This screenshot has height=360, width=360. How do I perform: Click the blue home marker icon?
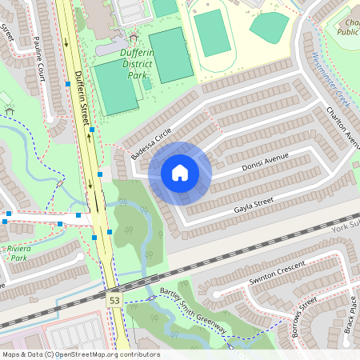pyautogui.click(x=180, y=172)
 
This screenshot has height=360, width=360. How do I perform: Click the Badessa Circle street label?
pyautogui.click(x=153, y=144)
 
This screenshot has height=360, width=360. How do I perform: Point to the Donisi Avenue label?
pyautogui.click(x=264, y=163)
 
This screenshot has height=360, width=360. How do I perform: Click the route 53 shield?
pyautogui.click(x=114, y=298)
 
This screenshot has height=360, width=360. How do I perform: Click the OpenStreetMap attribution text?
pyautogui.click(x=81, y=354)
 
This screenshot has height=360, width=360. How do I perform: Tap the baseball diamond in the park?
pyautogui.click(x=270, y=26)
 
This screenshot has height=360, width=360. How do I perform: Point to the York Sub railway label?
pyautogui.click(x=345, y=229)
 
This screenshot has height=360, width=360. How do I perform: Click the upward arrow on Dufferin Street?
pyautogui.click(x=90, y=184)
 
